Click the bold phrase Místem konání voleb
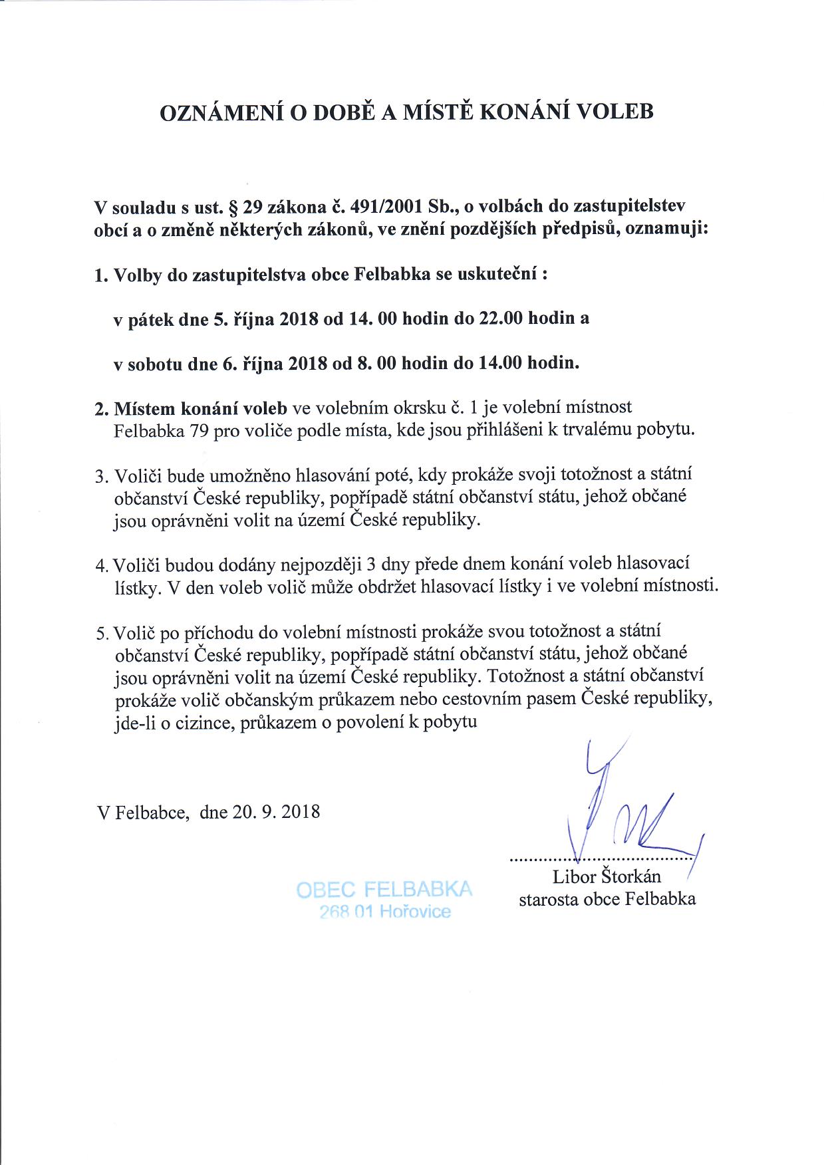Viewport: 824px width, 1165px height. (x=200, y=408)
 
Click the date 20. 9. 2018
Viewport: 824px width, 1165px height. (x=276, y=812)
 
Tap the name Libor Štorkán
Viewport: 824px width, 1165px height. (x=607, y=876)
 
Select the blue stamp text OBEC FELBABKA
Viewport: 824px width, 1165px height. (x=384, y=890)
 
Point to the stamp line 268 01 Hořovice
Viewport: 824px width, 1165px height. (x=384, y=912)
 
